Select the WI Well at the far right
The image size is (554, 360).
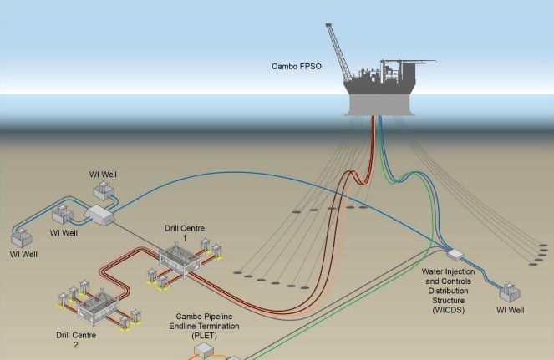pyautogui.click(x=509, y=292)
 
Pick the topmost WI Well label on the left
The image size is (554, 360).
pyautogui.click(x=104, y=175)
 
